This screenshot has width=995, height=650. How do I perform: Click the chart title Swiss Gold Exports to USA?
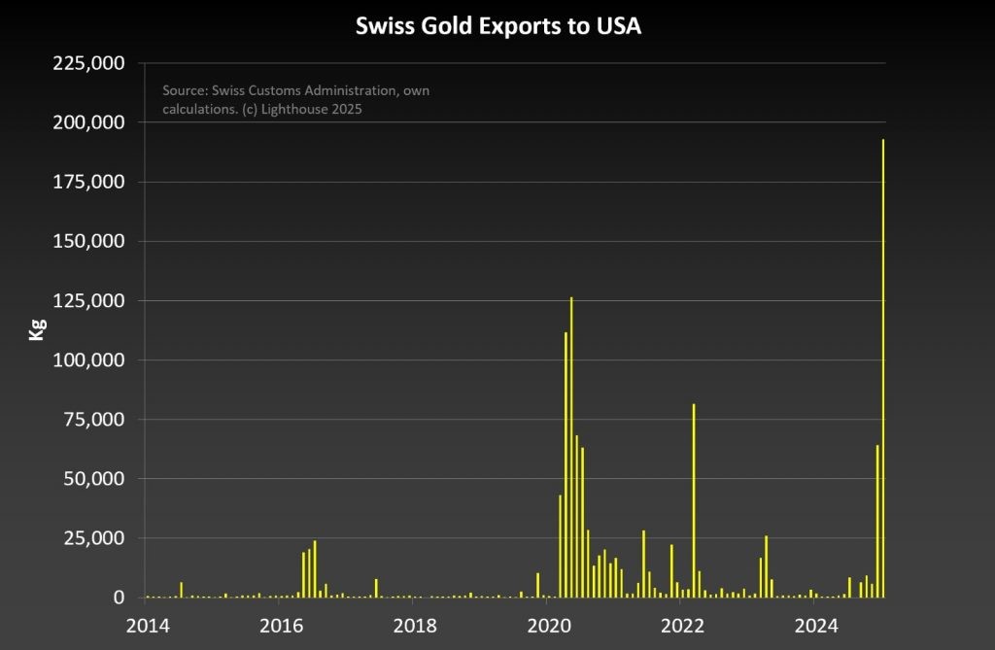coord(497,26)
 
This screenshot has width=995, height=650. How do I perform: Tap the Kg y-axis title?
coord(36,329)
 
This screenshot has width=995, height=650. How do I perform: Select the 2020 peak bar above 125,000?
coord(571,447)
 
